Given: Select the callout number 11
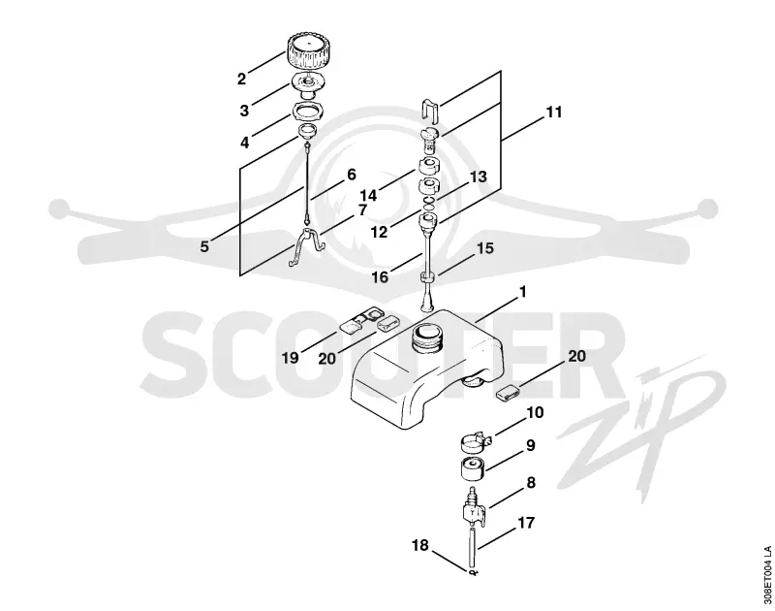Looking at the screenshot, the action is [x=554, y=113].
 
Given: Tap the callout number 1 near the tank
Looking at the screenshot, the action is [x=523, y=292].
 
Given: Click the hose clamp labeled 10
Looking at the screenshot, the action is [x=475, y=441].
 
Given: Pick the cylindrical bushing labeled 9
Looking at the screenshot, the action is [x=473, y=469].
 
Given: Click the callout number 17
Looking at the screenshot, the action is [x=526, y=523].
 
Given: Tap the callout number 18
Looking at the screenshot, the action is [x=420, y=545].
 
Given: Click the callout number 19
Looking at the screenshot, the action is [x=290, y=357].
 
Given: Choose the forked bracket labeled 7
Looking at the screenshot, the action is [x=306, y=246].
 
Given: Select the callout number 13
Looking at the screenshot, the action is [x=478, y=177].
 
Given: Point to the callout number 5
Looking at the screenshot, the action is [x=204, y=246].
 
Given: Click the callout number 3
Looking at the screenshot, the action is [x=244, y=111].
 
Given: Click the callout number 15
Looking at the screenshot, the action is [x=485, y=248].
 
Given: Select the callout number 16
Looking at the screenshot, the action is [x=380, y=277].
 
